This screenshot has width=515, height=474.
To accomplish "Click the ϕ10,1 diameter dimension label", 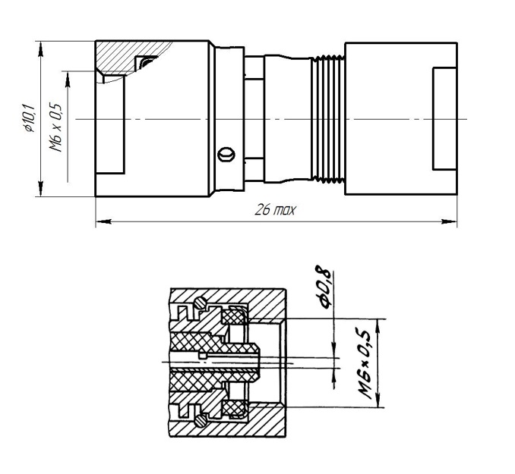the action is (x=29, y=118).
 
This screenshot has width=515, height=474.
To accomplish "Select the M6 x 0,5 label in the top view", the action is (x=55, y=127).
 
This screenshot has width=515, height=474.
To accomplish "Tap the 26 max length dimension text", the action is (x=275, y=209).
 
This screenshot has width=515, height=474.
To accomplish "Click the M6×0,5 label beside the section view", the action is (x=365, y=363).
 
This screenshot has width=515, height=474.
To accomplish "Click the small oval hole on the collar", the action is (x=226, y=154).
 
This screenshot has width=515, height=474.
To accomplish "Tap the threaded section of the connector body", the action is (x=328, y=119).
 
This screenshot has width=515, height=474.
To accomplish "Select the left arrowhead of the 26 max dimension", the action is (x=104, y=221).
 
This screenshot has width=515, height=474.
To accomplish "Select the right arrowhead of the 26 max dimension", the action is (x=449, y=221).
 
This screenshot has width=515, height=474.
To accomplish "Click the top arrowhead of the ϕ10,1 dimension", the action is (x=40, y=49).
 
